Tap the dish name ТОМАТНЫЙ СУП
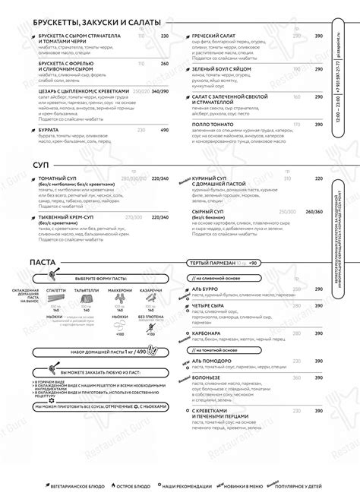pyautogui.click(x=57, y=178)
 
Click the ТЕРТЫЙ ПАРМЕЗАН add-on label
pyautogui.click(x=215, y=263)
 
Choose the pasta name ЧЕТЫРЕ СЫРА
pyautogui.click(x=213, y=306)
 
